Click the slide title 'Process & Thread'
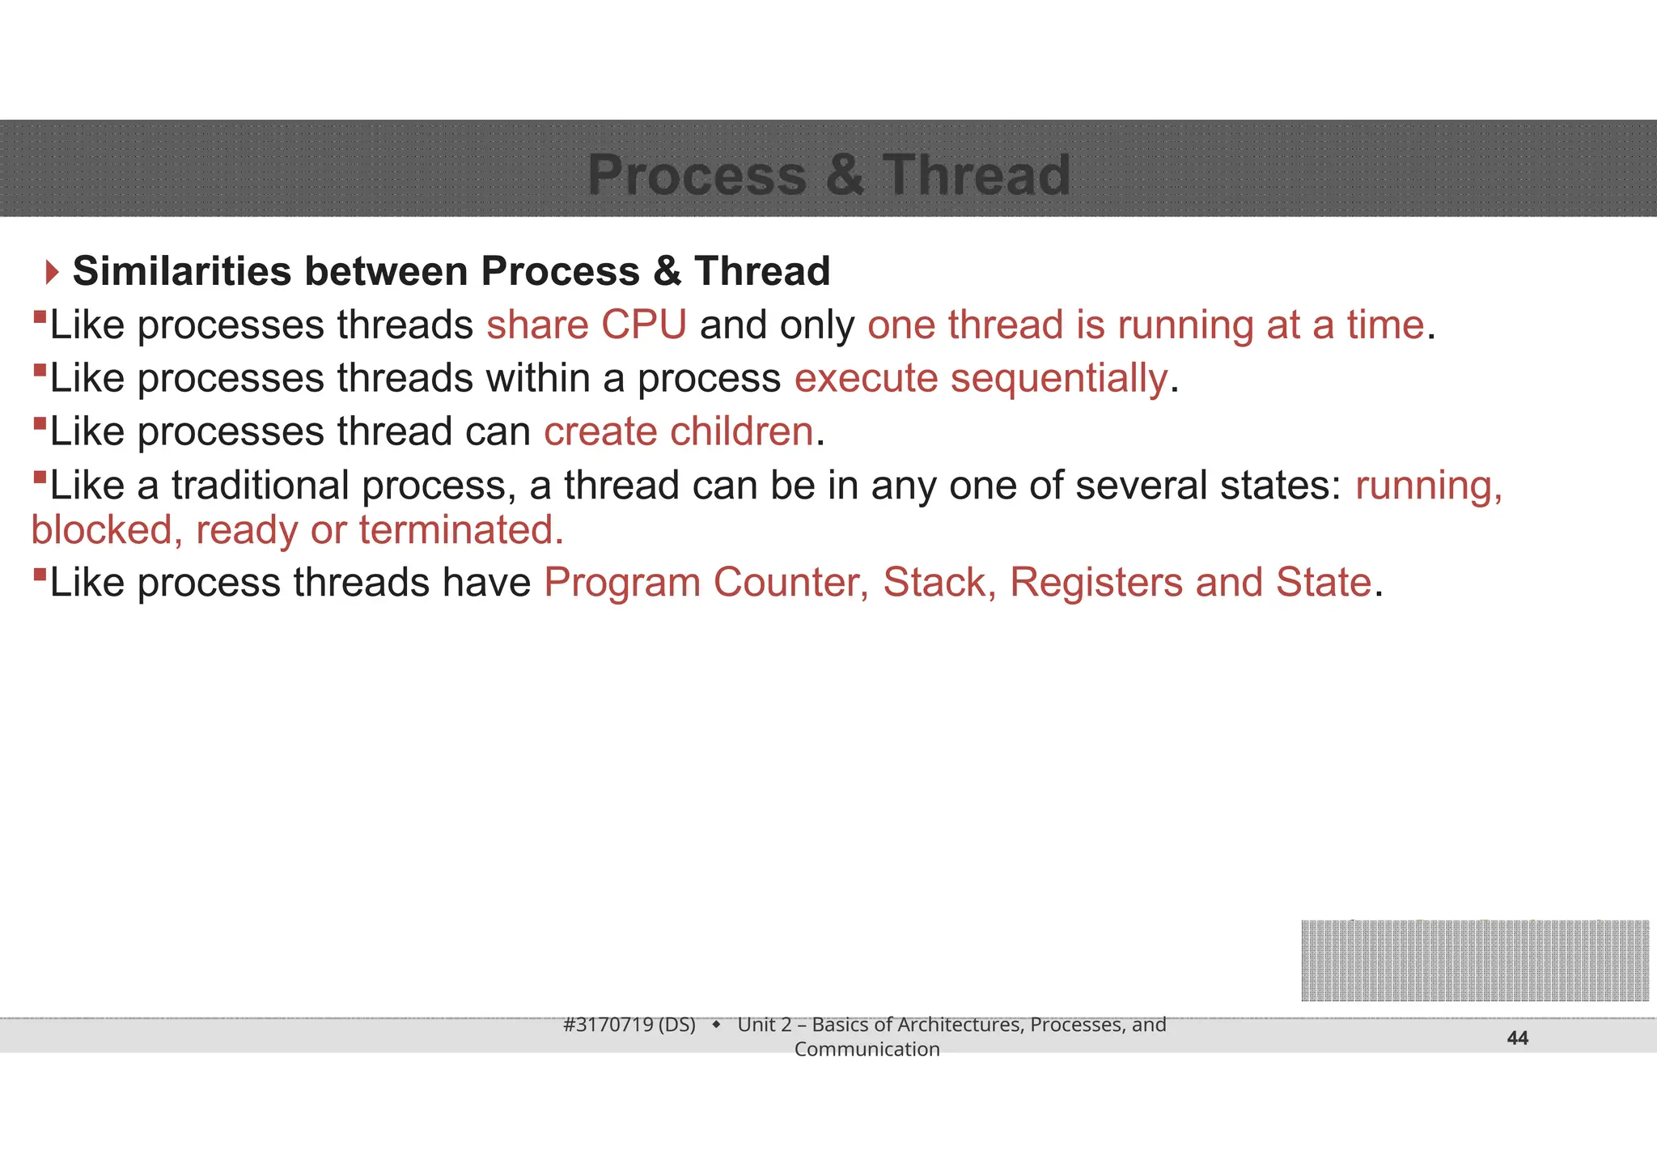pos(828,175)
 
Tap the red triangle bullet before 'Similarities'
pos(53,272)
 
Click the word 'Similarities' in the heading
pos(181,271)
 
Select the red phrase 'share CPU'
pos(586,325)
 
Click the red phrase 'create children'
pos(678,431)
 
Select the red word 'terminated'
pos(460,530)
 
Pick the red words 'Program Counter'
pos(706,582)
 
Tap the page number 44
pos(1517,1038)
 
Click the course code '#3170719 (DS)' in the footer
pos(629,1025)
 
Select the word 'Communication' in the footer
pos(867,1050)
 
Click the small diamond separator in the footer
pos(716,1025)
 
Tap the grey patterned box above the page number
pos(1474,961)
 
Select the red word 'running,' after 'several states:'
pos(1428,485)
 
